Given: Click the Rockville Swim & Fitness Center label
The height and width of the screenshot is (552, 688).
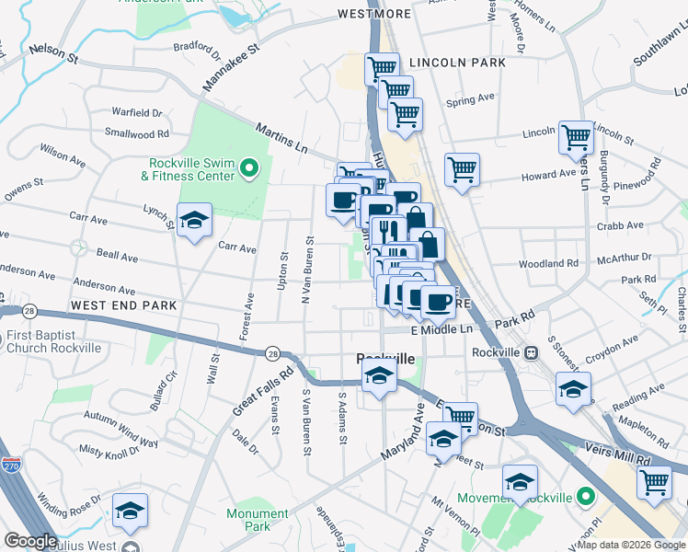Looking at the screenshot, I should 187,168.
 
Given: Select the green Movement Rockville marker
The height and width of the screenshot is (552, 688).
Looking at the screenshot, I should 581,497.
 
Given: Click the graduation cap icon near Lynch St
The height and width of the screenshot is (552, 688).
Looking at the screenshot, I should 194,221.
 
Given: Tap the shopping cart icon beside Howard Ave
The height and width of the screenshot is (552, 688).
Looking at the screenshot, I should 462,169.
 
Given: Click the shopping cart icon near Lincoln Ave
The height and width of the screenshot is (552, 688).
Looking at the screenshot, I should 576,138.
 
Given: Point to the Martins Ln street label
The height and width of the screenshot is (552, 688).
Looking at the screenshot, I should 281,138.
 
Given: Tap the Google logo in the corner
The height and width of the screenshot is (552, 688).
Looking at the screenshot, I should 30,541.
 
